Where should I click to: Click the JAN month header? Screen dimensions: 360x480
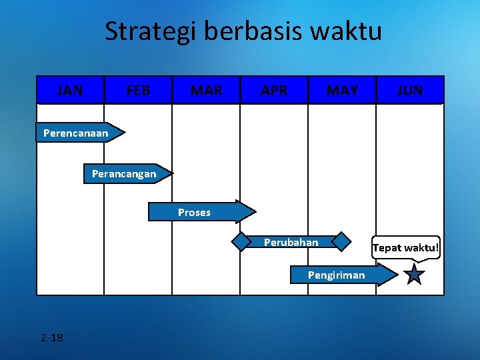tap(70, 90)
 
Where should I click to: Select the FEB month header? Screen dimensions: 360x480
tap(138, 90)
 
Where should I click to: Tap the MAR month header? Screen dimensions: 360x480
tap(206, 90)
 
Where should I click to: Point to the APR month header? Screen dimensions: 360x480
tap(274, 90)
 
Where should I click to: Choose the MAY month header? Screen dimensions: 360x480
tap(342, 90)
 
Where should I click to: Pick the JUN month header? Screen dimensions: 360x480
tap(410, 90)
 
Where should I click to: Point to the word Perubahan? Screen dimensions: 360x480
tap(291, 242)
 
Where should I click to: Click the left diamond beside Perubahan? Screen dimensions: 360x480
tap(241, 241)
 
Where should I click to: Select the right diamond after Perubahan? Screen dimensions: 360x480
tap(341, 241)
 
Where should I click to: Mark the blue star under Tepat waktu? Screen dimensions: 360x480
tap(414, 274)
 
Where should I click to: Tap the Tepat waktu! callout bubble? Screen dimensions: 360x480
tap(406, 248)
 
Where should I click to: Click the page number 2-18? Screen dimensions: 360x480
tap(51, 337)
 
